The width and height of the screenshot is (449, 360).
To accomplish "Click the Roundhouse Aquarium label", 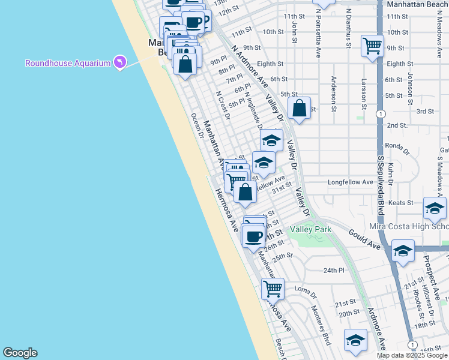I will (68, 63).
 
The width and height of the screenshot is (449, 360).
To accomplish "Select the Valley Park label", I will (310, 230).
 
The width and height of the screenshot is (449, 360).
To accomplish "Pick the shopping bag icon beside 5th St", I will (300, 109).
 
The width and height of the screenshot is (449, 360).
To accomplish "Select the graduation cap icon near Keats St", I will (434, 208).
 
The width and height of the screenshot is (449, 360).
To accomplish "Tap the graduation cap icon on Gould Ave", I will (403, 251).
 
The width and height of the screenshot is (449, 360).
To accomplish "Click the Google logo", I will (20, 353).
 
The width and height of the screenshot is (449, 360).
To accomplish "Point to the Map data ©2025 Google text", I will (412, 355).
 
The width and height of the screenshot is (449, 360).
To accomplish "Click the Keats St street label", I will (401, 203).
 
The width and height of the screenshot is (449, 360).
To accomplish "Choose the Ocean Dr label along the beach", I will (196, 125).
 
